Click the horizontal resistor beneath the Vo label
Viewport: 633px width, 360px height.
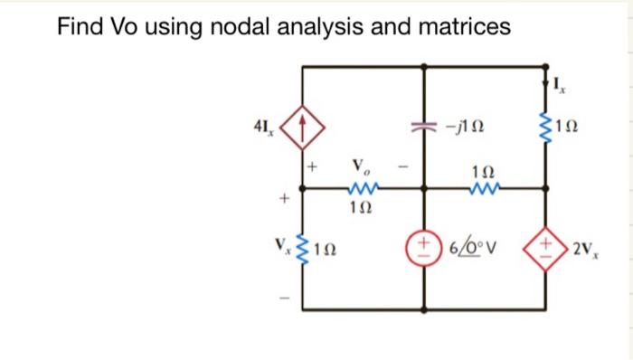362,190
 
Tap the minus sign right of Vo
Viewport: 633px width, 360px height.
407,167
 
